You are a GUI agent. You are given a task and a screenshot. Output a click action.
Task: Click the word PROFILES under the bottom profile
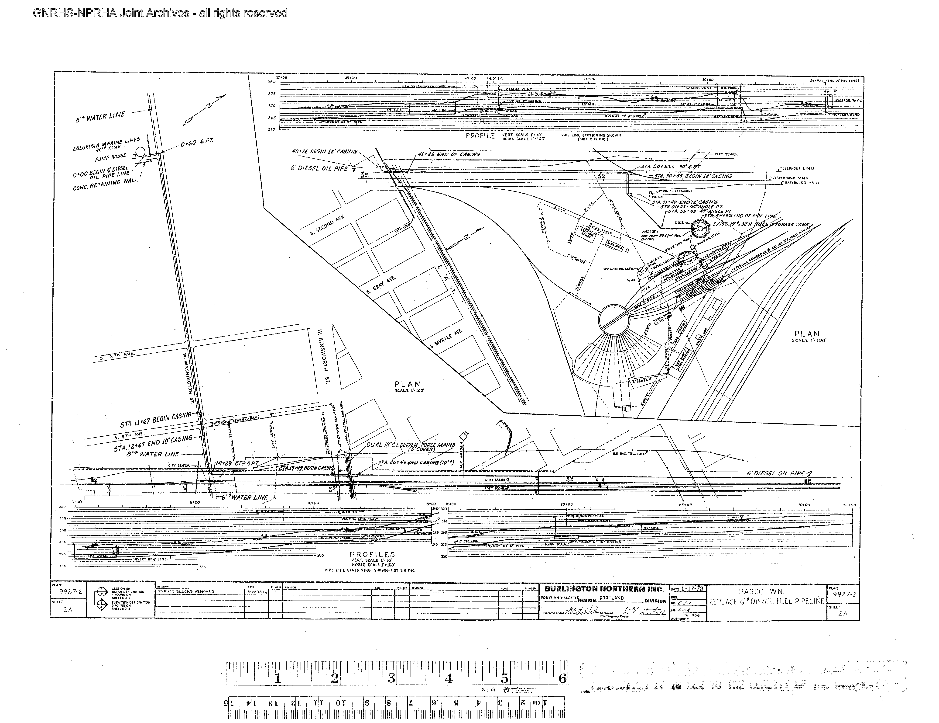[x=372, y=554]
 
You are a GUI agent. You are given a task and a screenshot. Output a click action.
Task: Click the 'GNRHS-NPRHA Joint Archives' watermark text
[x=160, y=13]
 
